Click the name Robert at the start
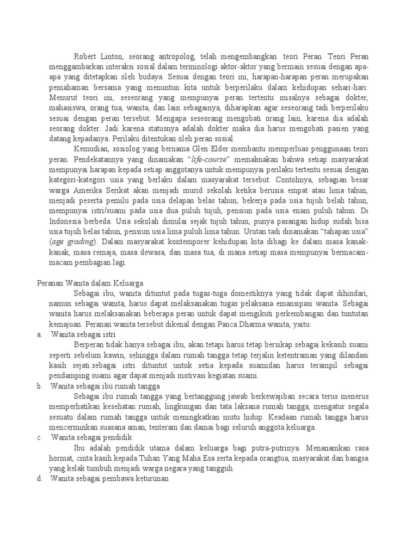coord(87,55)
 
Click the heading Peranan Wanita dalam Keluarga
coord(90,283)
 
